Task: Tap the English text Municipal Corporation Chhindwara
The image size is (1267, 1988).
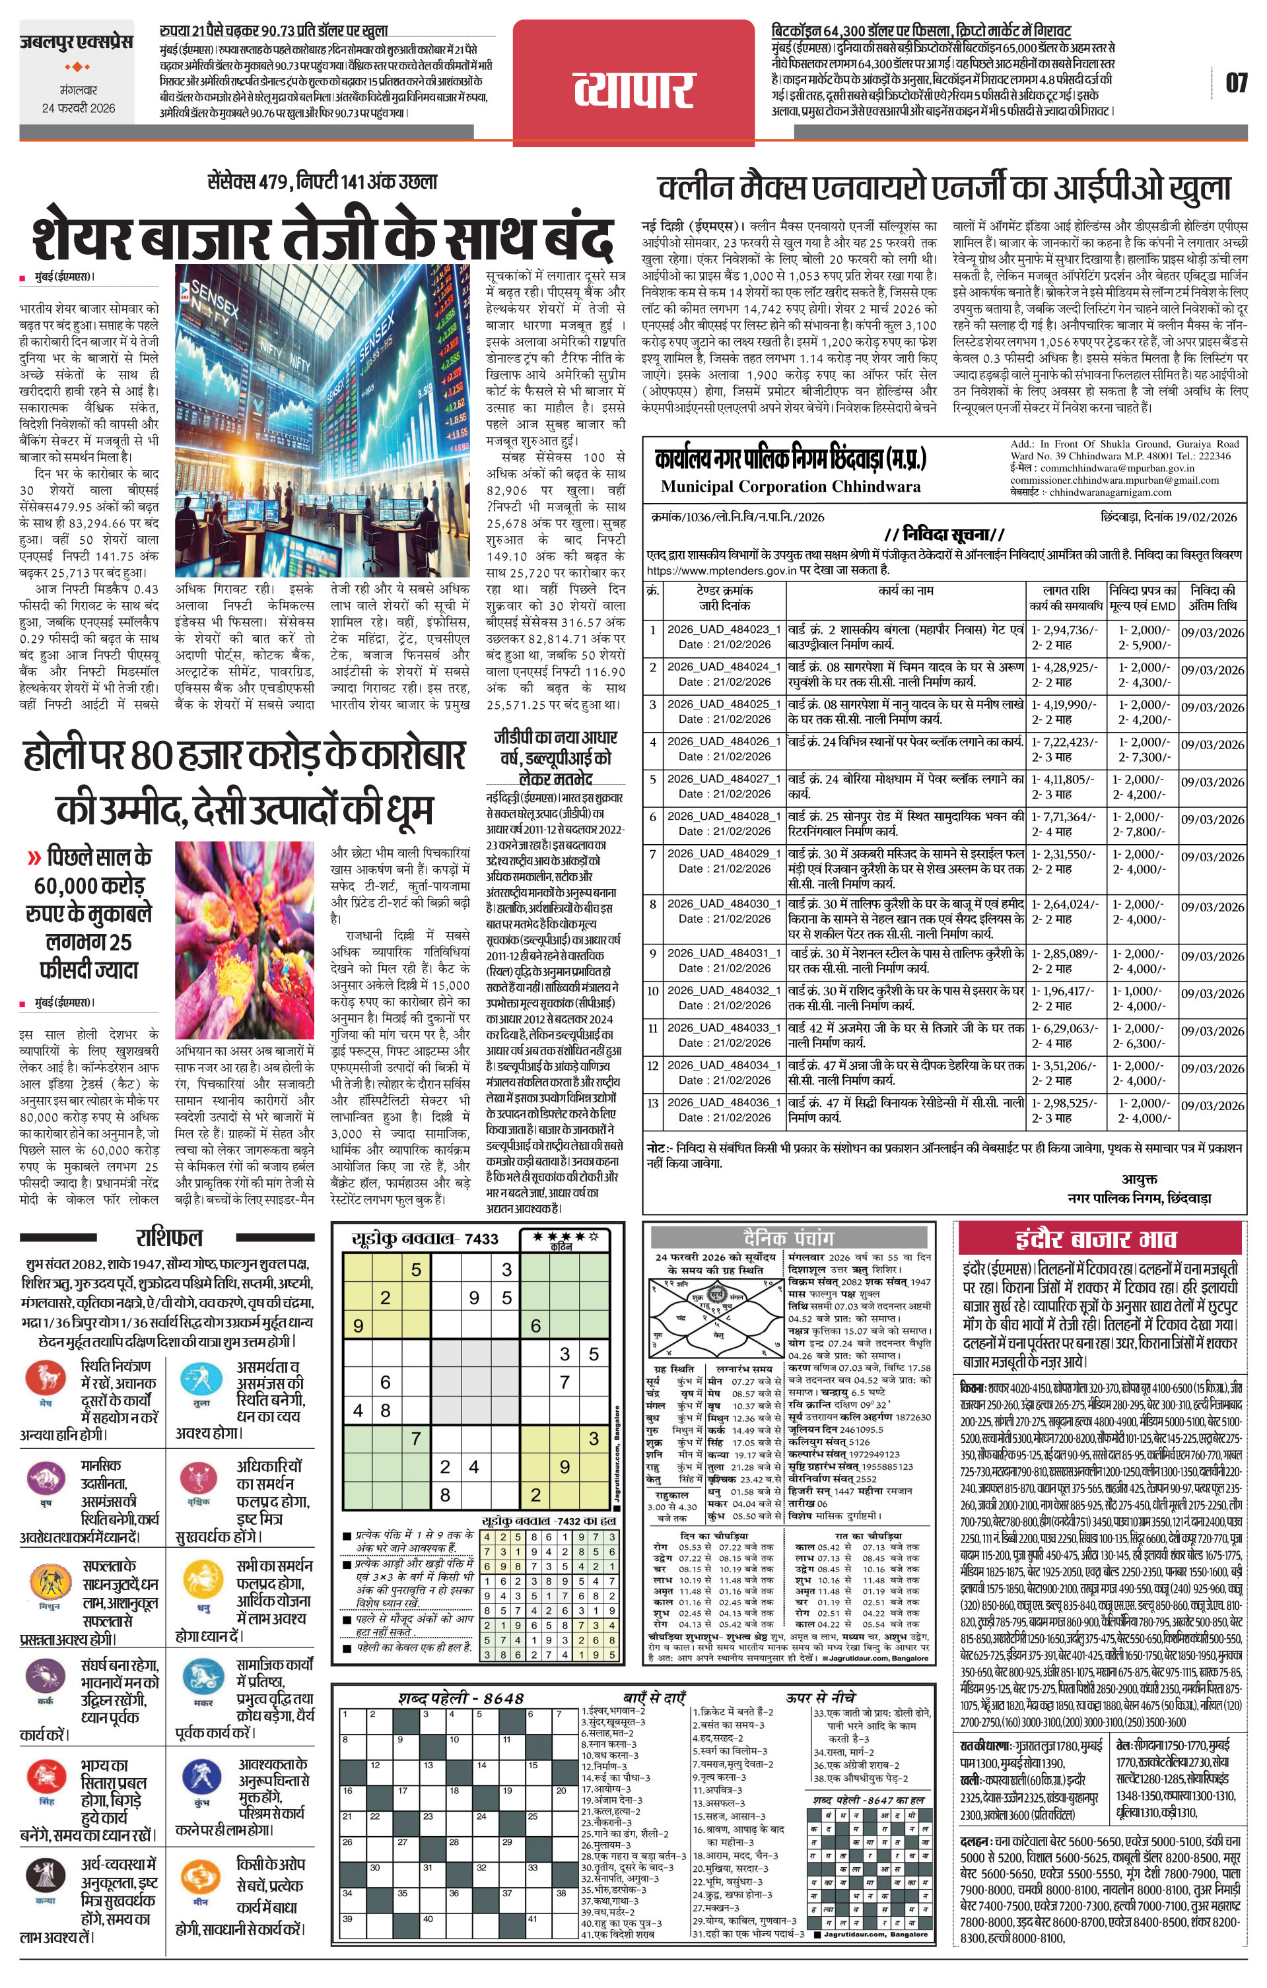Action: point(790,486)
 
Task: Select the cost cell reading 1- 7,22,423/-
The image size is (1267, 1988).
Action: point(1064,741)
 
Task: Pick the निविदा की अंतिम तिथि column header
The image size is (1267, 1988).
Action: point(1212,598)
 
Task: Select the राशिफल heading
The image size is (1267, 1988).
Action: point(168,1238)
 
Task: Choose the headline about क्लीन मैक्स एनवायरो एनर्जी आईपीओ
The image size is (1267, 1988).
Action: point(944,188)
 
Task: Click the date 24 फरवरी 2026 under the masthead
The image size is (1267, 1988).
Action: point(79,108)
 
